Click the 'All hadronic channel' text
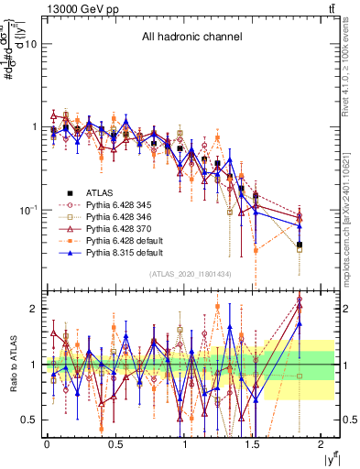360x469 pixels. [x=191, y=38]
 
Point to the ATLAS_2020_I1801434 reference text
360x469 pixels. [x=191, y=275]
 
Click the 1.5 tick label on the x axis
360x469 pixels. [x=253, y=445]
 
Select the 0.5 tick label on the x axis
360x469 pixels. [x=115, y=445]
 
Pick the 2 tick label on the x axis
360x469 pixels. [x=322, y=445]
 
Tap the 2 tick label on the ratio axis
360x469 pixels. [x=32, y=309]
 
